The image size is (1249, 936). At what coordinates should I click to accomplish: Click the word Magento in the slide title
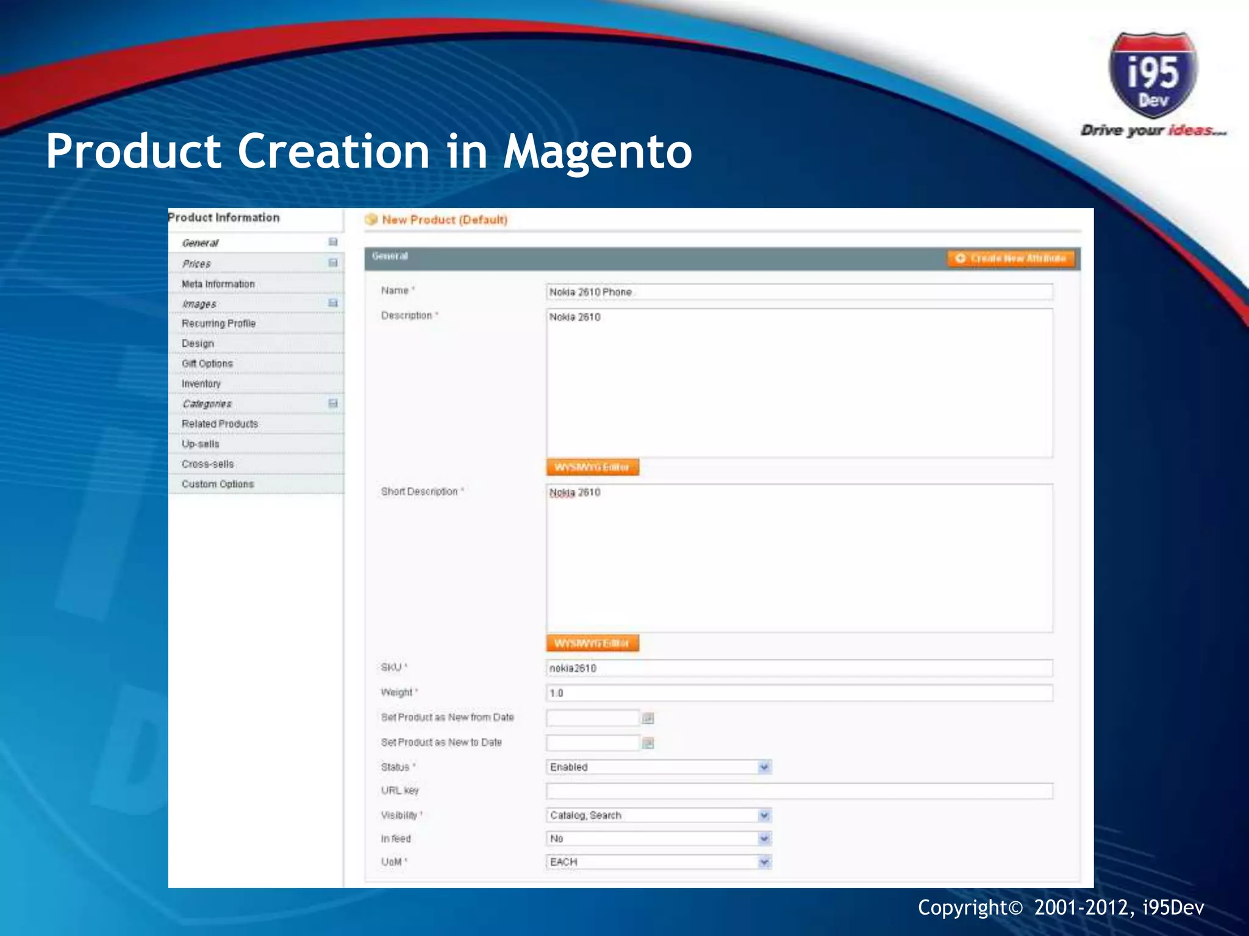tap(597, 152)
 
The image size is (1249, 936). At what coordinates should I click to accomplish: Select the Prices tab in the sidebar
tap(196, 264)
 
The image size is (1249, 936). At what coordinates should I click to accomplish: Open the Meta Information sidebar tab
tap(218, 284)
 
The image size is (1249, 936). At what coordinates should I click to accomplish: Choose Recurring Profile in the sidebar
tap(218, 324)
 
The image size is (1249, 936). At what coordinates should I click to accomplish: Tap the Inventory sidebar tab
tap(201, 384)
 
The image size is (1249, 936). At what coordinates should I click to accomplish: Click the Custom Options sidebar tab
tap(217, 484)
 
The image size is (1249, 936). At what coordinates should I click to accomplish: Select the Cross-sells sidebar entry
tap(207, 464)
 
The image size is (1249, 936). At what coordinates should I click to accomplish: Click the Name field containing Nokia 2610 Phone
tap(799, 292)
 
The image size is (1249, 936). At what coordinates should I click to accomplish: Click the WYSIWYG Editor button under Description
tap(592, 467)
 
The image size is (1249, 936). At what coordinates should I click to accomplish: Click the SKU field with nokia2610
tap(799, 668)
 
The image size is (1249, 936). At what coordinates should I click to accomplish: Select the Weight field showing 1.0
tap(799, 693)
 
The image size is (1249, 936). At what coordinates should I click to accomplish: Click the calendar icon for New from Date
tap(648, 718)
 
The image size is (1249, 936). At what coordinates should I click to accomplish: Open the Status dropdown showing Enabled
tap(659, 767)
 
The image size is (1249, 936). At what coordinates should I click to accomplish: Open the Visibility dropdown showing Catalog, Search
tap(659, 815)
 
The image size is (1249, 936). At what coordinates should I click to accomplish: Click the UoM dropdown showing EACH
tap(659, 862)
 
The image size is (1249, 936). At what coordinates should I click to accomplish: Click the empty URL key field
tap(799, 791)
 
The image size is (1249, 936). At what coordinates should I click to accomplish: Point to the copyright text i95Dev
tap(1173, 908)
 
